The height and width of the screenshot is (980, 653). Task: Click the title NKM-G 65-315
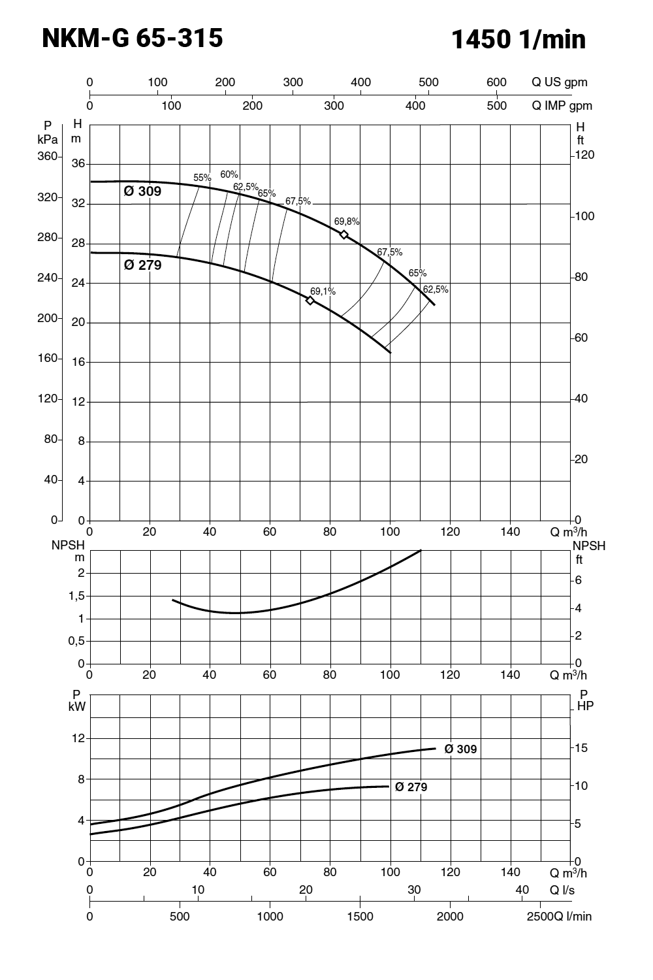tap(132, 39)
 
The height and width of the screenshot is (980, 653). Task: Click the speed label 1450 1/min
tap(518, 40)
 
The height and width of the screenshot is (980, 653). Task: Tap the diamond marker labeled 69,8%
tap(344, 235)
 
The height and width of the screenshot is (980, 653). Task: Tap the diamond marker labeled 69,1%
tap(310, 301)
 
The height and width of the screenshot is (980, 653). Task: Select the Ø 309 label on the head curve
tap(142, 191)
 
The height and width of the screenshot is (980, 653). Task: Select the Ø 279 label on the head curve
tap(142, 265)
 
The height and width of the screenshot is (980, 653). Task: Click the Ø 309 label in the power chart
tap(461, 749)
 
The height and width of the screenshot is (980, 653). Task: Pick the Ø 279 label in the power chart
tap(411, 787)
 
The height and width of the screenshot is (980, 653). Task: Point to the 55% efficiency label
tap(202, 178)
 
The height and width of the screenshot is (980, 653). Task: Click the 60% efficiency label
tap(229, 174)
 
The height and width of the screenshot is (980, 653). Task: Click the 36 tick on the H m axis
tap(78, 163)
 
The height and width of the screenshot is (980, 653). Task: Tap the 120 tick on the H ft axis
tap(584, 155)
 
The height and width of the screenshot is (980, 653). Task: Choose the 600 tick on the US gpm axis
tap(496, 82)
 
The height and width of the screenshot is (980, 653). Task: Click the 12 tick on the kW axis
tap(78, 738)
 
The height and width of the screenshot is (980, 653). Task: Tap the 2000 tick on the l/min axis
tap(450, 917)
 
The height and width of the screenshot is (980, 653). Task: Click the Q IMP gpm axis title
tap(562, 106)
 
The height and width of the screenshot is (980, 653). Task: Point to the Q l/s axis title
tap(562, 890)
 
